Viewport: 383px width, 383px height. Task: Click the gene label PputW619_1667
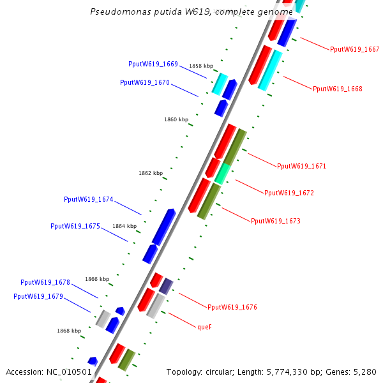pos(354,49)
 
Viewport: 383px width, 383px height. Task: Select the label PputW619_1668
pos(337,89)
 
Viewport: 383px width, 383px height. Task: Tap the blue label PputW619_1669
pos(153,64)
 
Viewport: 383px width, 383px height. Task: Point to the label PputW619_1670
pos(144,82)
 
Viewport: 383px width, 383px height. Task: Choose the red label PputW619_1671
pos(301,166)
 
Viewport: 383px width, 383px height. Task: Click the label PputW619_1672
pos(289,193)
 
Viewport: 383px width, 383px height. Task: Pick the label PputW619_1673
pos(275,221)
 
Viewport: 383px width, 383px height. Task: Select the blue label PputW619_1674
pos(88,200)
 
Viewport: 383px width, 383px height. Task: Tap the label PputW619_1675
pos(75,226)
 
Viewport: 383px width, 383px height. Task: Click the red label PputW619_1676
pos(232,307)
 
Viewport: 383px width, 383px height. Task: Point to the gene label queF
pos(204,326)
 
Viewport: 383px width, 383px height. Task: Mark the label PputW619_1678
pos(45,282)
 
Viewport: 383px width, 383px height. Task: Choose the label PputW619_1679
pos(38,296)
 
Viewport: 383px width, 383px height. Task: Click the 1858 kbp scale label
pos(200,66)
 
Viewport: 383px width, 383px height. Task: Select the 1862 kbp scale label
pos(151,173)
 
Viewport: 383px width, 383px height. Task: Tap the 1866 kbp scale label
pos(97,279)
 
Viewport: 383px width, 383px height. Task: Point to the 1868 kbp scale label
pos(69,331)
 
